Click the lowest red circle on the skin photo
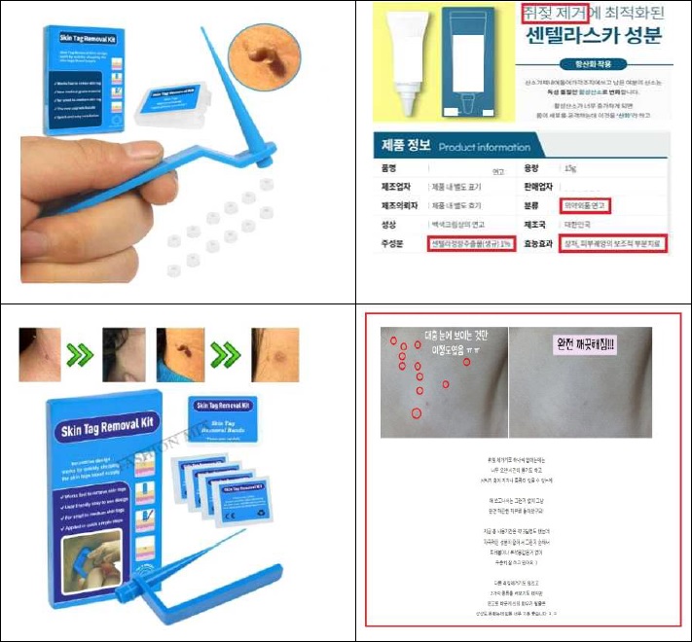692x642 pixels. pos(418,413)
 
